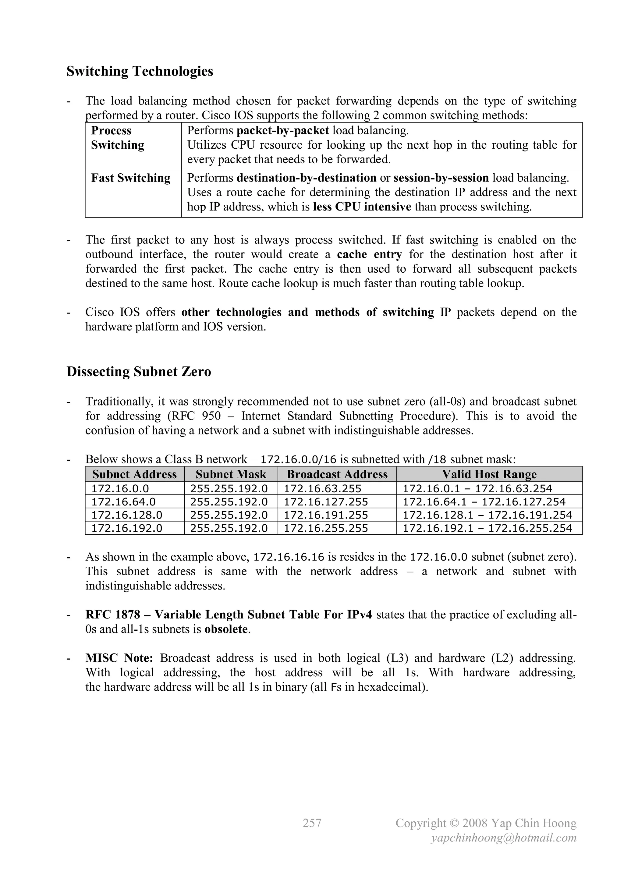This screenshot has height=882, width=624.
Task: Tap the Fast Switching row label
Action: point(131,178)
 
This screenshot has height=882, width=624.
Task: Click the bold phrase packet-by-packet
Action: point(282,131)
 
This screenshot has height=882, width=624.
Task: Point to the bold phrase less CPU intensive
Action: point(362,207)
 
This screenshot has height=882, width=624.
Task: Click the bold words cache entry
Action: point(369,254)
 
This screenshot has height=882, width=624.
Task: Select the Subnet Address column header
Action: point(134,474)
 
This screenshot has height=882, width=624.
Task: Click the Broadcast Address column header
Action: point(337,474)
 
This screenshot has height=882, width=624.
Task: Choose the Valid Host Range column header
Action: point(489,474)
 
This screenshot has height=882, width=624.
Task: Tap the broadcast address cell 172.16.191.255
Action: point(326,515)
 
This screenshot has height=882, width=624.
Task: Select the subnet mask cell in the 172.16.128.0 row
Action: point(229,515)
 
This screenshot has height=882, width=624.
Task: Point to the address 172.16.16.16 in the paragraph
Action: point(289,557)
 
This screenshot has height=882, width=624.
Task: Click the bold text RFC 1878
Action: point(112,615)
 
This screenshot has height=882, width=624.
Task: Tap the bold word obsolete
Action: point(226,629)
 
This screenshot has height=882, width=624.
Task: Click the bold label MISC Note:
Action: point(119,658)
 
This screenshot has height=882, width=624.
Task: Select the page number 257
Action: point(312,823)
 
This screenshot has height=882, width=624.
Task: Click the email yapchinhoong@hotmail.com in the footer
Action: point(504,838)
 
